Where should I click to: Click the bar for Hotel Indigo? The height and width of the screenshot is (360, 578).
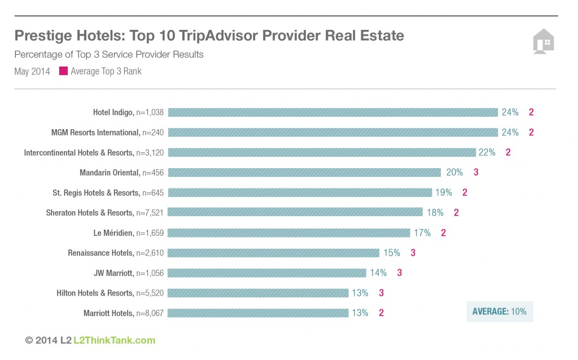[332, 112]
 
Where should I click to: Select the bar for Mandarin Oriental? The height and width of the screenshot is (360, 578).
[304, 172]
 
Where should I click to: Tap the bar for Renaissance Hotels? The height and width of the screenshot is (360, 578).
[273, 252]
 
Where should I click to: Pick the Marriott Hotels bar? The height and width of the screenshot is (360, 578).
[258, 313]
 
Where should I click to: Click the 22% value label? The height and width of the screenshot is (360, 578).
[487, 152]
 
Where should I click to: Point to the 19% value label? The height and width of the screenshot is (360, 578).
[443, 192]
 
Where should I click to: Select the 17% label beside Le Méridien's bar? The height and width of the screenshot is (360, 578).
[422, 232]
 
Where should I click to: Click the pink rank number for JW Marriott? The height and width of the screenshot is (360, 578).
[400, 273]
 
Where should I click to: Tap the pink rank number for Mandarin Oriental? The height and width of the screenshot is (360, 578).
[476, 172]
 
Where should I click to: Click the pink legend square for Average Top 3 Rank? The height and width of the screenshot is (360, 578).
[63, 71]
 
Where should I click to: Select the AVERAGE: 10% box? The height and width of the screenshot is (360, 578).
[499, 311]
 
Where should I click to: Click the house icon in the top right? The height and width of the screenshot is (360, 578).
[544, 42]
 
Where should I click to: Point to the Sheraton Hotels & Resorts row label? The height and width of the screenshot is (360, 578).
[104, 213]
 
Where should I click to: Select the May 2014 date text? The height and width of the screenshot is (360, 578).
[32, 72]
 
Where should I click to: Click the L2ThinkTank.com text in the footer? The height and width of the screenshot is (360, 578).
[114, 340]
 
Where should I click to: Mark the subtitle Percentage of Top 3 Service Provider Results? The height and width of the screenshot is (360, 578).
[109, 55]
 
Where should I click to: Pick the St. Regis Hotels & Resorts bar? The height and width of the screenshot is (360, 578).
[300, 192]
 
